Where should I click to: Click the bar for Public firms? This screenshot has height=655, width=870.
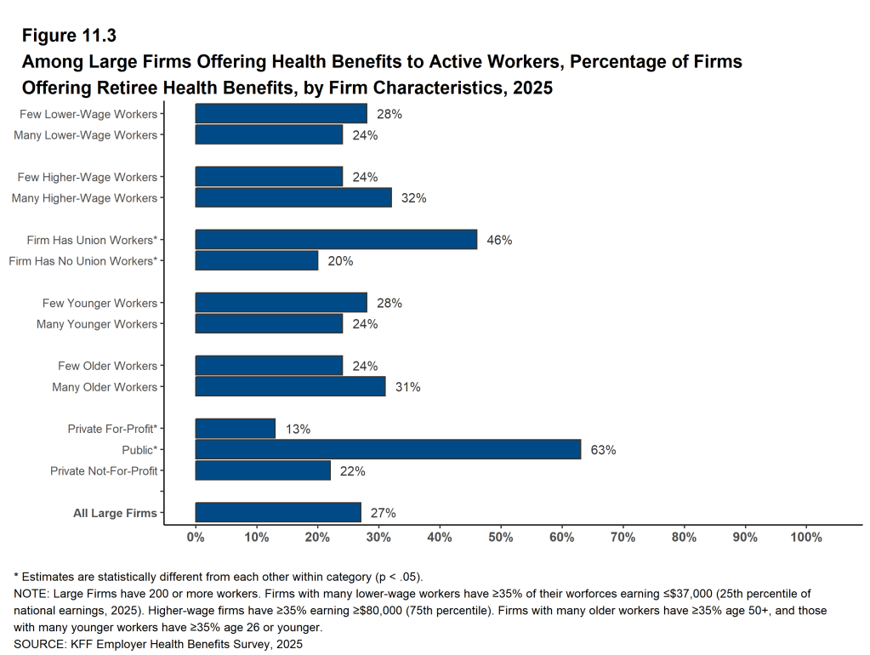(388, 449)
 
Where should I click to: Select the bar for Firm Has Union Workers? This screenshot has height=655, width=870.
(336, 240)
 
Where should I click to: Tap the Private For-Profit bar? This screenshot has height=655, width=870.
(236, 429)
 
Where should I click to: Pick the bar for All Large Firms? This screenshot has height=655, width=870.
(278, 512)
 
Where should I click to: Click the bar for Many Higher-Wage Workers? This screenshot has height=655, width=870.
(293, 197)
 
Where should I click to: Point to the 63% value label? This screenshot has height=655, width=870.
(603, 450)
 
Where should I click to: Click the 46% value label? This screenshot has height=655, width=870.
(499, 241)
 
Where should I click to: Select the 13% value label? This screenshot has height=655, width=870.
(298, 430)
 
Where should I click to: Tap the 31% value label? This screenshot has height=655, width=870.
(407, 387)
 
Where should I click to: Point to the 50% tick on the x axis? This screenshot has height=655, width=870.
(501, 538)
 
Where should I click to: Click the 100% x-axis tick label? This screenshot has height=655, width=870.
(806, 538)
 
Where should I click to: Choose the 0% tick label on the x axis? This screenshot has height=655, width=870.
(196, 538)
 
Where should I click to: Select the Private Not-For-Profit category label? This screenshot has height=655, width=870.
(104, 470)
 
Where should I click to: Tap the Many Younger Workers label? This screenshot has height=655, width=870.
(97, 324)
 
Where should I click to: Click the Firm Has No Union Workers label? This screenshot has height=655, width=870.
(82, 261)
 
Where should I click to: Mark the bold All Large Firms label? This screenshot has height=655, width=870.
(115, 513)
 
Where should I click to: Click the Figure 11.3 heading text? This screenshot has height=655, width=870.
(69, 36)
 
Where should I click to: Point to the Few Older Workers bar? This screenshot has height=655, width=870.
(269, 366)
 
